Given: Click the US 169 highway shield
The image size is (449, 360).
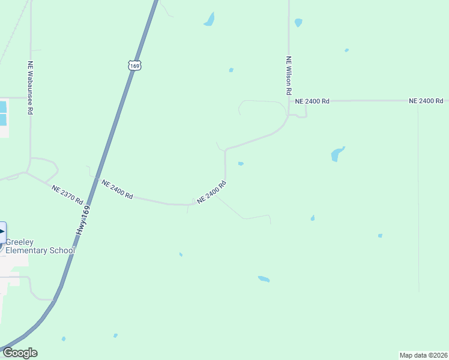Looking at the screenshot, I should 134,65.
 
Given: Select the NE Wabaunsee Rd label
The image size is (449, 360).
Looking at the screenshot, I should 30,88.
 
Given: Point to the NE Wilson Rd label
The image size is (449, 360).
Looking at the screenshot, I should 289,76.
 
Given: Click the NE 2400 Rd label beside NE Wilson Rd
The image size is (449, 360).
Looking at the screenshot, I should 312,101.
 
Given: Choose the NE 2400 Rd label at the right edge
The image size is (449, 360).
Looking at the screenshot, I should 426,101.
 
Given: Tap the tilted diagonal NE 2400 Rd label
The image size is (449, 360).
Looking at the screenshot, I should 211,192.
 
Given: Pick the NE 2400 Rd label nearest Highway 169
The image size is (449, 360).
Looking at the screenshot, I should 117,189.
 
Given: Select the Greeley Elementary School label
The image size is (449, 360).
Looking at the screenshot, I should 40,246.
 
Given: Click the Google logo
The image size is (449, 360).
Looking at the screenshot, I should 19,353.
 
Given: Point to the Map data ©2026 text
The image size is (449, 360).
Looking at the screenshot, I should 423,355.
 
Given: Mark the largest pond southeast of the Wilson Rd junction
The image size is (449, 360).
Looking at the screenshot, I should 338,154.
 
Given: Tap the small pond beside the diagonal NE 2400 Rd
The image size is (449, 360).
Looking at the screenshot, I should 241,163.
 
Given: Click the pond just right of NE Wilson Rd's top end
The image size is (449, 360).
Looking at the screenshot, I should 298,23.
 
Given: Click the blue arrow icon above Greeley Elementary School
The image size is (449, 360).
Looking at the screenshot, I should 2,232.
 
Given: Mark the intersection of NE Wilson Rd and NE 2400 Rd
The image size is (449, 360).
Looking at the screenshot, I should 289,101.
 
